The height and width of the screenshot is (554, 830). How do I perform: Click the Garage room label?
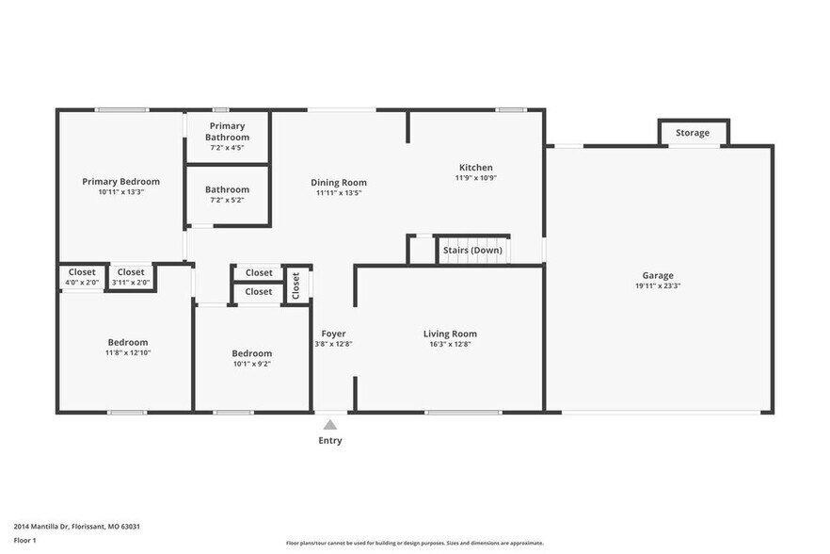tap(658, 275)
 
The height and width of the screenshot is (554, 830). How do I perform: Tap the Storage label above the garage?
tap(693, 133)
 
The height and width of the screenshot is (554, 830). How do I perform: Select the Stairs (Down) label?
tap(473, 251)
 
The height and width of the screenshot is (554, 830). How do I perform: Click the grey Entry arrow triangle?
tap(330, 425)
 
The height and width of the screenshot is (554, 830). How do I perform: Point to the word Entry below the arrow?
tap(330, 441)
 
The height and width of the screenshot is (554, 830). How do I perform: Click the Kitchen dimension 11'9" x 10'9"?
tap(475, 178)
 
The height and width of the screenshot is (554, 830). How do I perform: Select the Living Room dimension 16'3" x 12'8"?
tap(450, 344)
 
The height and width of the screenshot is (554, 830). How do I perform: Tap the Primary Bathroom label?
tap(228, 131)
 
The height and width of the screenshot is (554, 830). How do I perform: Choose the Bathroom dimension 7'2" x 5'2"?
tap(228, 200)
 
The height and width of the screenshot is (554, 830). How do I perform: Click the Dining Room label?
tap(339, 183)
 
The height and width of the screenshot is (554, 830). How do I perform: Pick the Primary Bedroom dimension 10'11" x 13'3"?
tap(120, 191)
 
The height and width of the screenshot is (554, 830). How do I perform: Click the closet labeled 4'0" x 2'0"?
tap(82, 283)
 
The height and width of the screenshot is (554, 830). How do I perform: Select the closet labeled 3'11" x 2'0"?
tap(131, 283)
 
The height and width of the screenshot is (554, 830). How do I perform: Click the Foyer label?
tap(333, 334)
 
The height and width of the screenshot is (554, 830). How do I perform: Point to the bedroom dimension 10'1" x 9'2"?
tap(251, 364)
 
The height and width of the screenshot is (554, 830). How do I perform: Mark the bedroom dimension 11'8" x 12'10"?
tap(127, 352)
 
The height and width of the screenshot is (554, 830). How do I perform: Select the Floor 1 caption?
tap(24, 540)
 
